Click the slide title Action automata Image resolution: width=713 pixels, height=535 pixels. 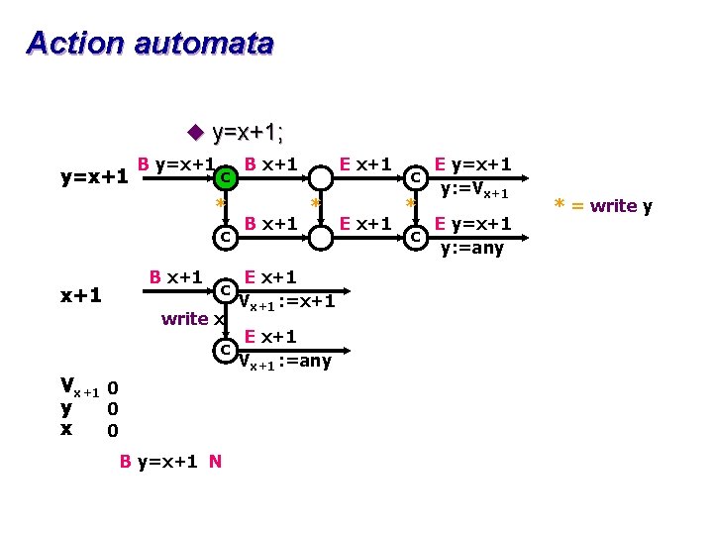[x=150, y=45]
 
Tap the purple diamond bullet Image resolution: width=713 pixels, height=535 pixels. [x=194, y=133]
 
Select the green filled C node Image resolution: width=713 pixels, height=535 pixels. [x=227, y=178]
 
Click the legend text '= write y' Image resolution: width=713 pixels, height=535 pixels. [x=610, y=206]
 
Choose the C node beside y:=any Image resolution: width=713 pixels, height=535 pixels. [x=415, y=238]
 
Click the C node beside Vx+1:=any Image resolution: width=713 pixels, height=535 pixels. [x=226, y=350]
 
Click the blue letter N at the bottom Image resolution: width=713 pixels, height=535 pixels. [x=215, y=462]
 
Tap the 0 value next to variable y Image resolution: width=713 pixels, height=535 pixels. [x=113, y=408]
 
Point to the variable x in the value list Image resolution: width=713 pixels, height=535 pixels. [x=65, y=429]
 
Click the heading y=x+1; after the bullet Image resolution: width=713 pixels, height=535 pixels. [x=255, y=133]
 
